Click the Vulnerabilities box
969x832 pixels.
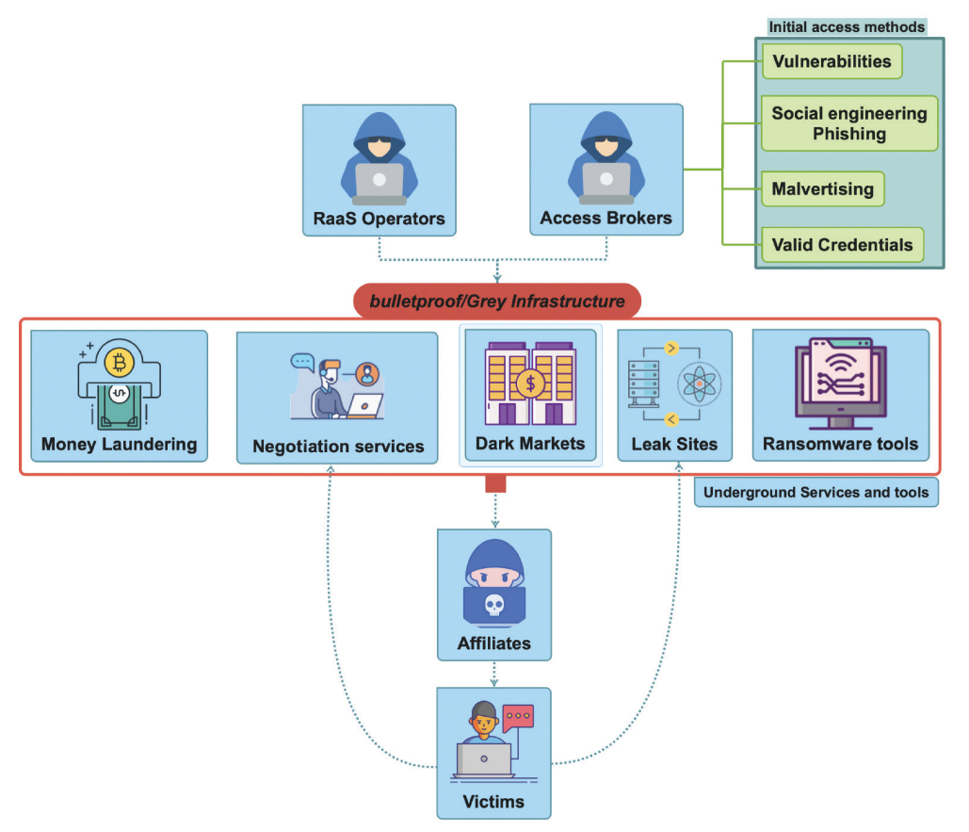pyautogui.click(x=832, y=62)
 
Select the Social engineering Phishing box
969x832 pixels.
pyautogui.click(x=849, y=123)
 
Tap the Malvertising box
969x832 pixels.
pyautogui.click(x=822, y=189)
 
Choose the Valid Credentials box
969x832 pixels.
pyautogui.click(x=842, y=245)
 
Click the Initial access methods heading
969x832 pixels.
pyautogui.click(x=847, y=27)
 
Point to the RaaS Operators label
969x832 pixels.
pyautogui.click(x=379, y=219)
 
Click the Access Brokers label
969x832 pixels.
pyautogui.click(x=606, y=219)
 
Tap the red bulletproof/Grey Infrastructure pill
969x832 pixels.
pyautogui.click(x=496, y=302)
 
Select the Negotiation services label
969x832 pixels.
pyautogui.click(x=338, y=447)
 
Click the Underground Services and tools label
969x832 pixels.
pyautogui.click(x=816, y=493)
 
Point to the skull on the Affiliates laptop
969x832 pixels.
pyautogui.click(x=493, y=605)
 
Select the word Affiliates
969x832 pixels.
pyautogui.click(x=493, y=644)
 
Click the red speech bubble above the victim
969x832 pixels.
pyautogui.click(x=518, y=718)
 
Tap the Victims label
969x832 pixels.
pyautogui.click(x=493, y=803)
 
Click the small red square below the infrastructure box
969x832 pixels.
pyautogui.click(x=495, y=484)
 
